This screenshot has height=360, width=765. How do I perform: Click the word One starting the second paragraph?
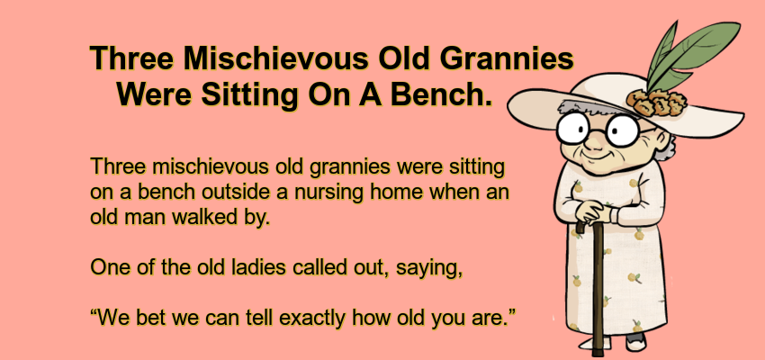[108, 267]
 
